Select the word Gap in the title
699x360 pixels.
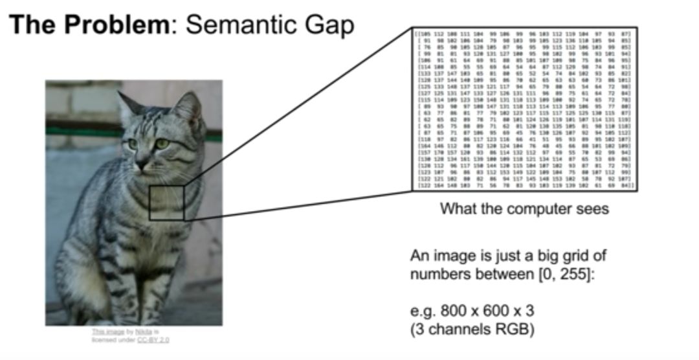(333, 26)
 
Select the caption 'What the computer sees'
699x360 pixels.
(524, 209)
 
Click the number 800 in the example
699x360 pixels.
(449, 312)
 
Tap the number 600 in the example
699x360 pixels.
(489, 312)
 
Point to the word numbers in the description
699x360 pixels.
(435, 274)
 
